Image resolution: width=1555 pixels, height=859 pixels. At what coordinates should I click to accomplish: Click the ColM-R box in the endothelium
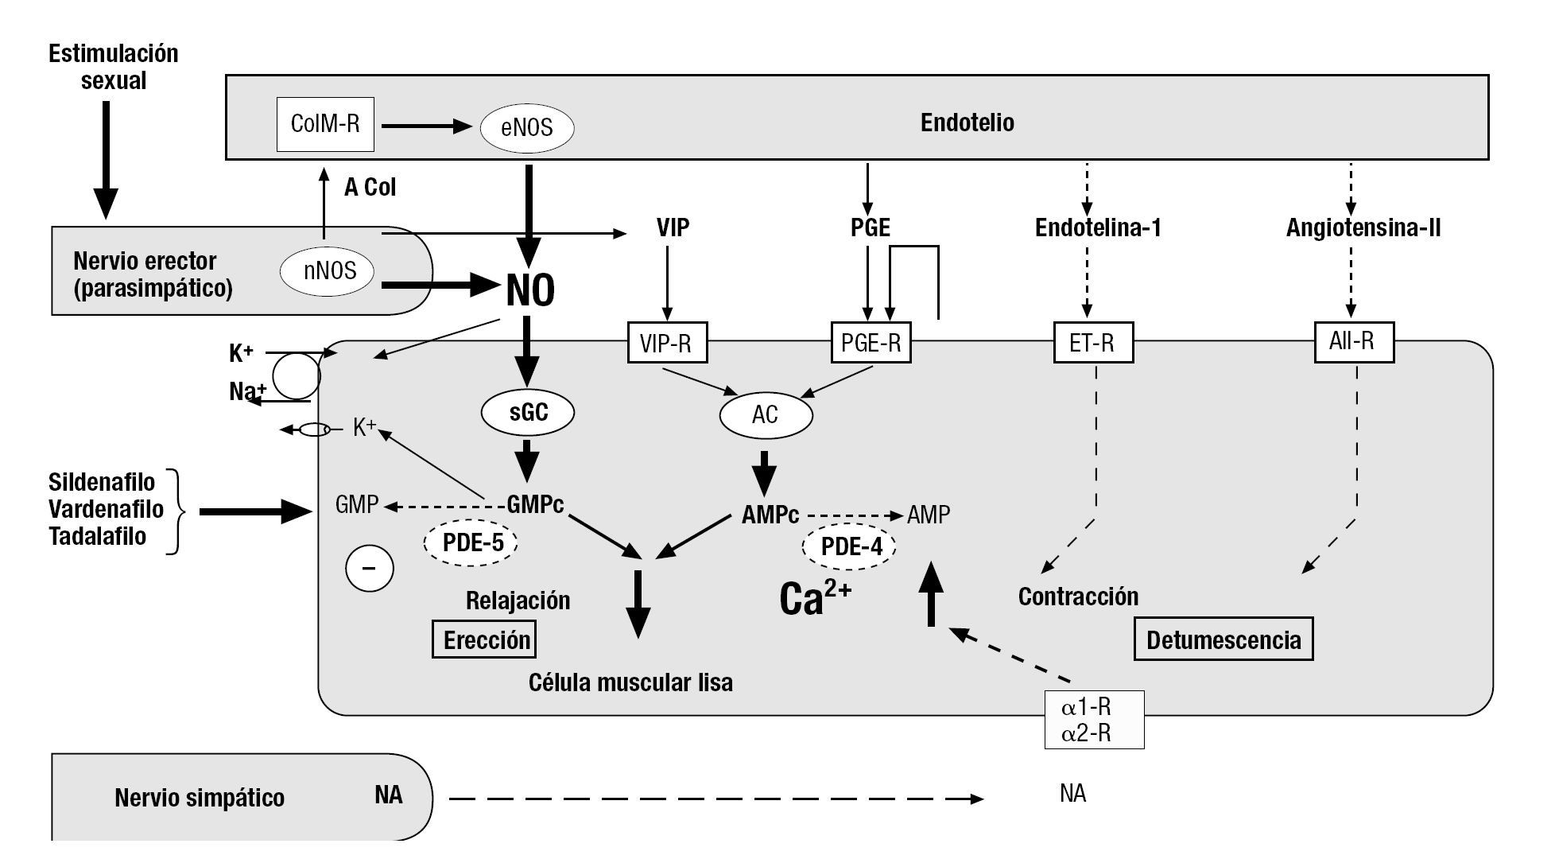pos(325,124)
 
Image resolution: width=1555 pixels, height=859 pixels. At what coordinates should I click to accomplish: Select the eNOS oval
pos(527,127)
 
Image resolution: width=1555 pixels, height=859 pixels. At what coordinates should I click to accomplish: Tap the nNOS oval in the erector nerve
pos(329,271)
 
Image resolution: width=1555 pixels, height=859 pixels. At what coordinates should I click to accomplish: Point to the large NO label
pos(530,290)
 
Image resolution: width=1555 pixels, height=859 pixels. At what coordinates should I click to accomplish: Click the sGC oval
pos(528,412)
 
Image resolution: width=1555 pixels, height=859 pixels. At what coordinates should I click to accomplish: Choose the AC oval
pos(766,414)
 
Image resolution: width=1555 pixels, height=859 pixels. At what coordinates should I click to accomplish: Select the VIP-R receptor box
pos(666,343)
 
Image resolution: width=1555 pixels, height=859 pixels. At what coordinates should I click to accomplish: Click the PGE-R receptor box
pos(871,343)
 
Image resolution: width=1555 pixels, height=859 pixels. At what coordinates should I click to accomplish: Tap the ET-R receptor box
pos(1093,343)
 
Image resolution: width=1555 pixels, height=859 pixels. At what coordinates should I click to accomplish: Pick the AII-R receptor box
pos(1353,341)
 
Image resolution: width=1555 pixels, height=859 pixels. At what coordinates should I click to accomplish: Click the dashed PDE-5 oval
pos(472,543)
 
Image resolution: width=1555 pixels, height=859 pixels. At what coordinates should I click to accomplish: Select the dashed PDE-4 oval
pos(851,546)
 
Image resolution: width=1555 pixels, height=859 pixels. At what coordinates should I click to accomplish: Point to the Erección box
pos(484,639)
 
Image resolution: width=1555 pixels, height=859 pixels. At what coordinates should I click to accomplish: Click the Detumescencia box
pos(1223,639)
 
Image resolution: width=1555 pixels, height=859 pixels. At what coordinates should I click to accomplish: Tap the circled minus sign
pos(370,569)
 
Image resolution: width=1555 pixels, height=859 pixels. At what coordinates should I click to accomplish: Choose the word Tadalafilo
pos(98,536)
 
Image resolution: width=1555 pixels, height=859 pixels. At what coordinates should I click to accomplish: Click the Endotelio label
pos(967,122)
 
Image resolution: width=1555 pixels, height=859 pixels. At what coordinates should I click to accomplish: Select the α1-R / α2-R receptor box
pos(1093,720)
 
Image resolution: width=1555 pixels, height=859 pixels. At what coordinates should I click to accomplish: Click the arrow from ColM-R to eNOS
pos(427,126)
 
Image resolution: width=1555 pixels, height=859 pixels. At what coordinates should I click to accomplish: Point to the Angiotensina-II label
pos(1363,228)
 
